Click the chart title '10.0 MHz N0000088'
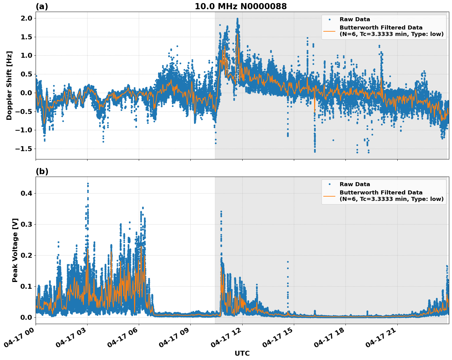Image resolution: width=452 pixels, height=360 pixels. pyautogui.click(x=241, y=6)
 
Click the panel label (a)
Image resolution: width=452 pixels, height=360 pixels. pyautogui.click(x=42, y=6)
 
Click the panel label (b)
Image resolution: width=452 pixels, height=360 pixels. pyautogui.click(x=42, y=171)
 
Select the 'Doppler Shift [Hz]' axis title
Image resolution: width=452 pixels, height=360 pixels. pyautogui.click(x=9, y=85)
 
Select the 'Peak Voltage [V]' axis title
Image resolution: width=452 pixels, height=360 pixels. pyautogui.click(x=15, y=250)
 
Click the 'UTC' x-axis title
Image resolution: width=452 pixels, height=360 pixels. pyautogui.click(x=242, y=353)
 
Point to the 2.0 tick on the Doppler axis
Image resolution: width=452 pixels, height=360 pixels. pyautogui.click(x=26, y=18)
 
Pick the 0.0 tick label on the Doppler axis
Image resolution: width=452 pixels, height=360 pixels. pyautogui.click(x=26, y=93)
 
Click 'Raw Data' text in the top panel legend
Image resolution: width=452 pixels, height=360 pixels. pyautogui.click(x=355, y=19)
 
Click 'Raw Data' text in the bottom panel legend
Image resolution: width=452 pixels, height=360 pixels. pyautogui.click(x=355, y=184)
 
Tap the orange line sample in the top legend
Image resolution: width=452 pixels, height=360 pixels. pyautogui.click(x=329, y=31)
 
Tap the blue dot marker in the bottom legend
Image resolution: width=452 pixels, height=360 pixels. pyautogui.click(x=329, y=184)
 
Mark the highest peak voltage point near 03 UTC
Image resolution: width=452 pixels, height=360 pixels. pyautogui.click(x=88, y=184)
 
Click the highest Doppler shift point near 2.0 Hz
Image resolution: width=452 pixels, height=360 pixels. pyautogui.click(x=237, y=18)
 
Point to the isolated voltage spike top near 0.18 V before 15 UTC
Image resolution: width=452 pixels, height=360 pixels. pyautogui.click(x=288, y=262)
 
